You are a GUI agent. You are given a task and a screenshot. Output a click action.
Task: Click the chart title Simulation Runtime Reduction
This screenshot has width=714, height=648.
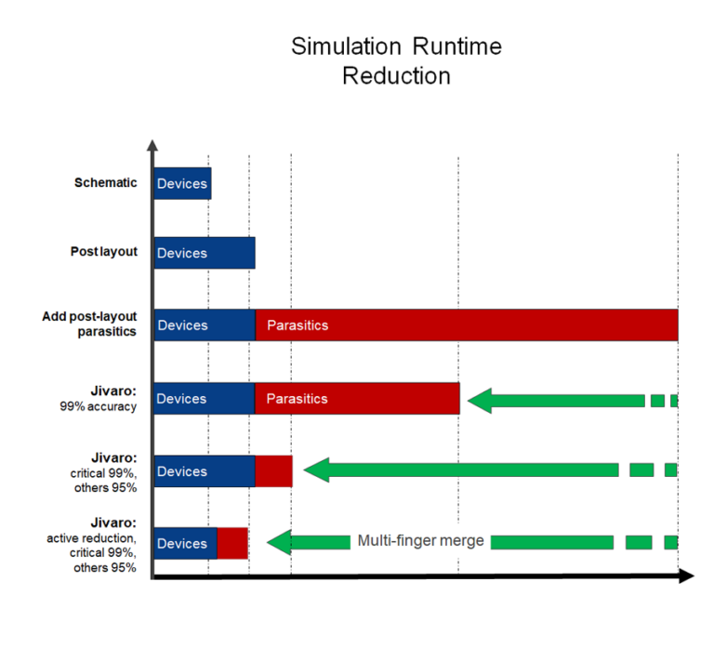[x=396, y=60]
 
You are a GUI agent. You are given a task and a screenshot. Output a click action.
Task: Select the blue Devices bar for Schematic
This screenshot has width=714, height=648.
[x=182, y=183]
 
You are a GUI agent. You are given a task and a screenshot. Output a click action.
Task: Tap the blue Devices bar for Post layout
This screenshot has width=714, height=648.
[x=204, y=253]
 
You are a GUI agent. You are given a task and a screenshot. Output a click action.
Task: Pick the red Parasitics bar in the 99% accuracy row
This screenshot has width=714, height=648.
[x=357, y=399]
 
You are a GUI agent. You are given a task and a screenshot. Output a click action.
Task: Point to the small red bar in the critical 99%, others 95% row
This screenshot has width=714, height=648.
[x=273, y=471]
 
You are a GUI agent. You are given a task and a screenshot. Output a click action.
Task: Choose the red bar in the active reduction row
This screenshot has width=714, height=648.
[x=232, y=543]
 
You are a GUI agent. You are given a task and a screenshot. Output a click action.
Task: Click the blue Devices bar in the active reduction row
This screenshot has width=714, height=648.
[x=185, y=543]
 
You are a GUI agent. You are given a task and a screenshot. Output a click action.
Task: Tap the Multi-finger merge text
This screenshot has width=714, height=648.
[x=420, y=541]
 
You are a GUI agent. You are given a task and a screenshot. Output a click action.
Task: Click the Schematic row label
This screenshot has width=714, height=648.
[x=105, y=182]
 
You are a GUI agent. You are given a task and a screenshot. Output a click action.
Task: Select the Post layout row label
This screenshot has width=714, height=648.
[x=103, y=252]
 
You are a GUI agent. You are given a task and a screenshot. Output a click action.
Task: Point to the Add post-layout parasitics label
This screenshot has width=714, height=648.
[x=89, y=324]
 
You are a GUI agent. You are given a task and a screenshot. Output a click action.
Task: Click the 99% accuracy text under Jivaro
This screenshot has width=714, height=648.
[x=97, y=405]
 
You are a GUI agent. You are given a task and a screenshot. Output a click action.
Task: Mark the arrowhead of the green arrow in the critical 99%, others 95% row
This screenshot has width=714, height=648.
[x=317, y=469]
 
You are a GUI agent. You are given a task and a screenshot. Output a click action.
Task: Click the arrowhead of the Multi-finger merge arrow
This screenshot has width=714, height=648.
[x=279, y=542]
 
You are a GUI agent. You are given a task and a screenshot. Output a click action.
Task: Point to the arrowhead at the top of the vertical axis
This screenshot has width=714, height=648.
[x=153, y=145]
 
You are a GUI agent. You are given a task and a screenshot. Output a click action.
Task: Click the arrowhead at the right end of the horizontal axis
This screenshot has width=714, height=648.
[x=686, y=576]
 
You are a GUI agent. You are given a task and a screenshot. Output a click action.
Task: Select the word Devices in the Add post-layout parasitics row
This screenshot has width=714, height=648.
[x=182, y=325]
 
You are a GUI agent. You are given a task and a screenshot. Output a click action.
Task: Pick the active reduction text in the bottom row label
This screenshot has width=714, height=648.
[x=91, y=539]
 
